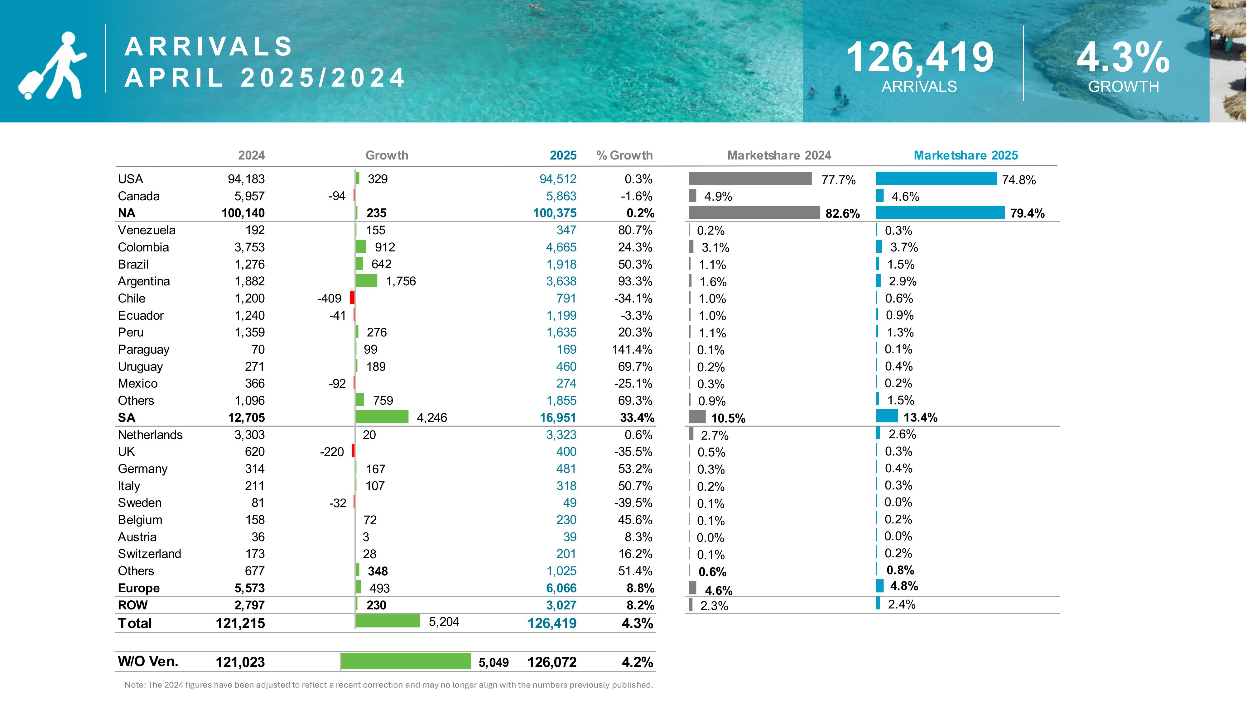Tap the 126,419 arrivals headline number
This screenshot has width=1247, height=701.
tap(919, 58)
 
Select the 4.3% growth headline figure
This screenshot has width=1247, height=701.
tap(1123, 58)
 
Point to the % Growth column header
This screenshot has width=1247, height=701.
tap(624, 155)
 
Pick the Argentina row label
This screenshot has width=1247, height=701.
tap(144, 281)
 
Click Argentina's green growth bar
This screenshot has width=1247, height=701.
tap(366, 281)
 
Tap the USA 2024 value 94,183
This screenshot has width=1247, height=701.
tap(246, 179)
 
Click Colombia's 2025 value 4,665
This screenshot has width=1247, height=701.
tap(561, 247)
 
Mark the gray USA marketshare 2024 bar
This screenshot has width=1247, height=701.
tap(750, 179)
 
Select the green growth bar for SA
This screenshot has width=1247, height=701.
tap(382, 417)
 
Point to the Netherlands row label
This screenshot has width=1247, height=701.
tap(150, 434)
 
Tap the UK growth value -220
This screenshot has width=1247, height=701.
tap(332, 452)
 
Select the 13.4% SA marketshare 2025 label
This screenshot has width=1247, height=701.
tap(920, 417)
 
